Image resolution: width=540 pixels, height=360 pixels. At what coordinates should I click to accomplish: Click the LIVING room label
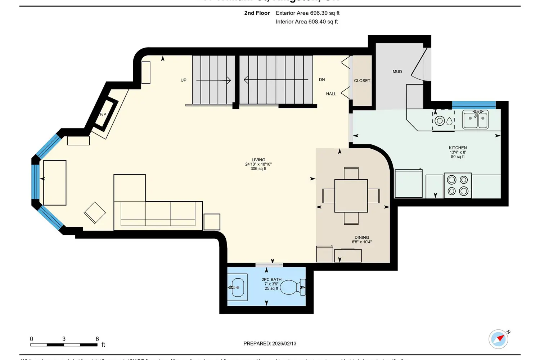click(258, 160)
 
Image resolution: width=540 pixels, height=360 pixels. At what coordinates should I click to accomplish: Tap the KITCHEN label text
click(458, 148)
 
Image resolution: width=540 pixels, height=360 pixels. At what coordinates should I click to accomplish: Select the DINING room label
click(361, 238)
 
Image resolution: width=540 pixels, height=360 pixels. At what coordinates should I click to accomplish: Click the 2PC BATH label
click(271, 280)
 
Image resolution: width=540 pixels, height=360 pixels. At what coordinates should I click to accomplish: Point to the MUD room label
click(397, 72)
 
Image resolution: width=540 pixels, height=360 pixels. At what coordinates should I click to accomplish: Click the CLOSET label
click(362, 81)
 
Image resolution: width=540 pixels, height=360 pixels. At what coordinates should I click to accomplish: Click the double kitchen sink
click(476, 120)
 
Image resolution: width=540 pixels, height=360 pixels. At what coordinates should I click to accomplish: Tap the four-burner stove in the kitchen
click(458, 185)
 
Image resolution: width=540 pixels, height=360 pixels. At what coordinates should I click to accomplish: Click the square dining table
click(351, 196)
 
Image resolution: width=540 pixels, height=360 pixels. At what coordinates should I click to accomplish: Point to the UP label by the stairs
click(184, 80)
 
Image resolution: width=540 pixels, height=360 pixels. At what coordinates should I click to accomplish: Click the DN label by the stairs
click(322, 80)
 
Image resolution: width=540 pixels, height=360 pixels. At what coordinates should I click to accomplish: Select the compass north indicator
click(499, 339)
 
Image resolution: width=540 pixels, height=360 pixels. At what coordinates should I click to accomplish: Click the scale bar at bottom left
click(64, 345)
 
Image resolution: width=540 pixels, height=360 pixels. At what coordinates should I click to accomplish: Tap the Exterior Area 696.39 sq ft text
click(307, 13)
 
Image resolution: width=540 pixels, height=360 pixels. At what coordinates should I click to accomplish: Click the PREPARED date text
click(270, 343)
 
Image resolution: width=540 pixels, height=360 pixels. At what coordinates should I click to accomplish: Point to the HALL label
click(331, 94)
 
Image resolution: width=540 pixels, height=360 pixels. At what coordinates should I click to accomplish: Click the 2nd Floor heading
click(257, 13)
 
